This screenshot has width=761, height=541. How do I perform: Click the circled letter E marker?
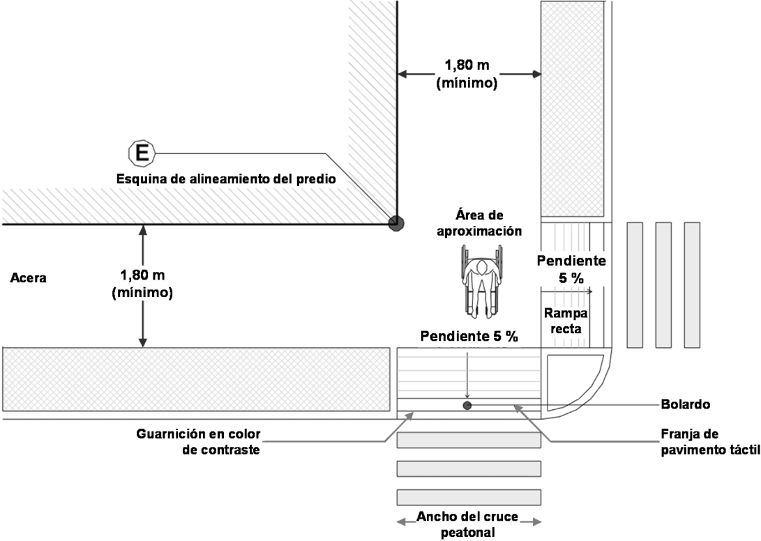pos(141,153)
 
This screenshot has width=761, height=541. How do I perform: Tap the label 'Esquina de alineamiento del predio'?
pos(226,178)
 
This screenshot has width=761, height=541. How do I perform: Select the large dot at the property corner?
pos(396,223)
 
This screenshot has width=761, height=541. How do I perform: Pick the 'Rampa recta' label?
pos(566,321)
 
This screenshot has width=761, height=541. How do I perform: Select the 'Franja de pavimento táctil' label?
pos(709,441)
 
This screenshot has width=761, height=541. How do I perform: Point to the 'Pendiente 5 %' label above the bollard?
pos(469,337)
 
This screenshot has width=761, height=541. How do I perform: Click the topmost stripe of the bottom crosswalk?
pos(469,441)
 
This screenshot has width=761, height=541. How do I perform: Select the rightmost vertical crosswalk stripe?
pos(691,284)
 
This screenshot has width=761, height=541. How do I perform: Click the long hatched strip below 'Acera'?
pos(195,379)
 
